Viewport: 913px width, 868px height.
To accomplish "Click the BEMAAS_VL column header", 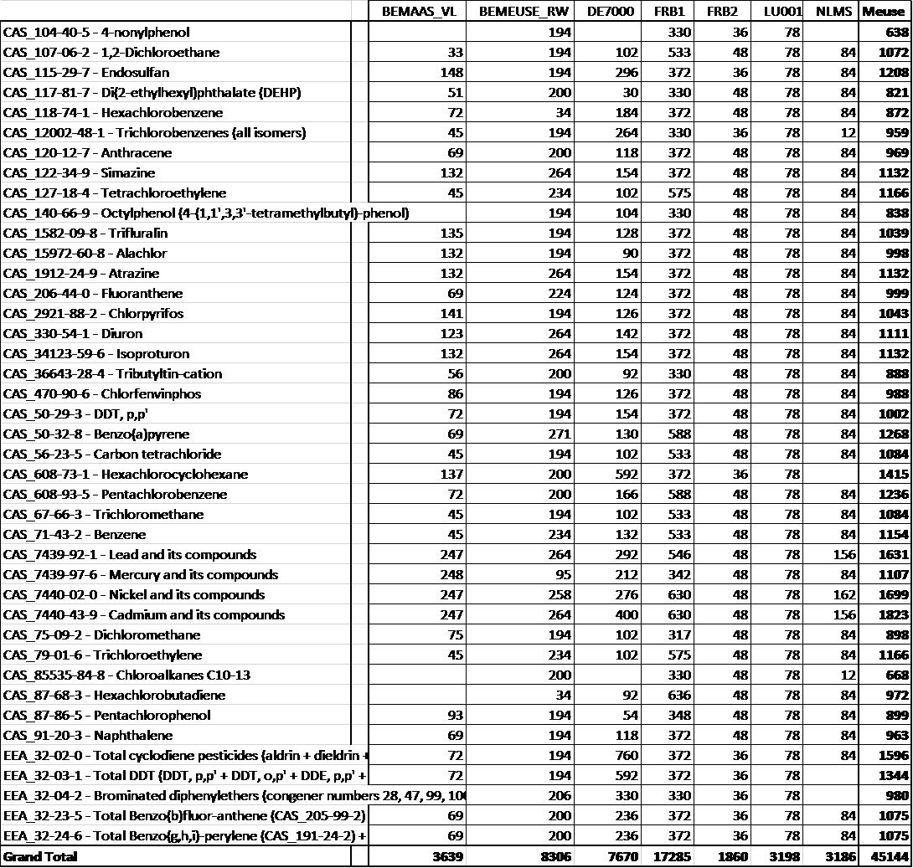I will [x=418, y=12].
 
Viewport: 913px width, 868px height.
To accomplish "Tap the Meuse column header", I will [x=884, y=12].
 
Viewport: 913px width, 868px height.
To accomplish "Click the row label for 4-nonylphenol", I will [x=96, y=33].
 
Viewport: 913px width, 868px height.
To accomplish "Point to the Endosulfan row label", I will [x=86, y=73].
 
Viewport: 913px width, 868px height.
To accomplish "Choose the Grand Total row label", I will [x=40, y=856].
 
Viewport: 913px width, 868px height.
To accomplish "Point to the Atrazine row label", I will [x=80, y=274].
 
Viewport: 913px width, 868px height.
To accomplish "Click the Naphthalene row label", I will [x=88, y=736].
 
